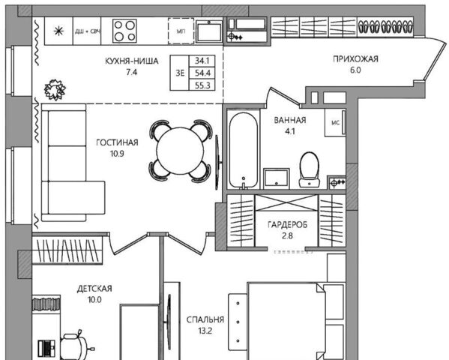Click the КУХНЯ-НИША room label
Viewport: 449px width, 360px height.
pos(132,61)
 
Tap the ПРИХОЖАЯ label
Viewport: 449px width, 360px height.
pos(355,59)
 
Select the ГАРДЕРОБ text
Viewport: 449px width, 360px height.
pos(287,225)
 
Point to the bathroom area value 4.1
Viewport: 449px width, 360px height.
pos(290,131)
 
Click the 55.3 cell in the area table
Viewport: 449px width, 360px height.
pos(202,85)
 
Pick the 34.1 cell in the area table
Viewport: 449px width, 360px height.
pos(202,61)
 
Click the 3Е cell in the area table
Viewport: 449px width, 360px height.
pos(180,73)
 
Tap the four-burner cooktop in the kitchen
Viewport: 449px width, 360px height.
pos(124,31)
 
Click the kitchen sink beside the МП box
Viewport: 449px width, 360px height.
pos(209,31)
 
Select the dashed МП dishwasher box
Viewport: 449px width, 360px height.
pos(181,31)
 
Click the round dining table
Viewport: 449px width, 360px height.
pos(180,151)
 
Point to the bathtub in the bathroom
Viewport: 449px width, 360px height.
pos(243,151)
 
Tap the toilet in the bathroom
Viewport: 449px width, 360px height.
pos(310,169)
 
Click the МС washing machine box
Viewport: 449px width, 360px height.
pos(335,123)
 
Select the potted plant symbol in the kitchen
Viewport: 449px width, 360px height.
pos(55,89)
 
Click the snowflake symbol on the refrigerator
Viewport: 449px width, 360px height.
pos(58,31)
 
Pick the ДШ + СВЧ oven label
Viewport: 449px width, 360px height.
pos(88,31)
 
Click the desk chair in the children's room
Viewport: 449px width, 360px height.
pos(75,346)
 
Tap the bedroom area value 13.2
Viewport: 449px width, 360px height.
pos(205,331)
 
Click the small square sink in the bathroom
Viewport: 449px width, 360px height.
pos(277,178)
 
